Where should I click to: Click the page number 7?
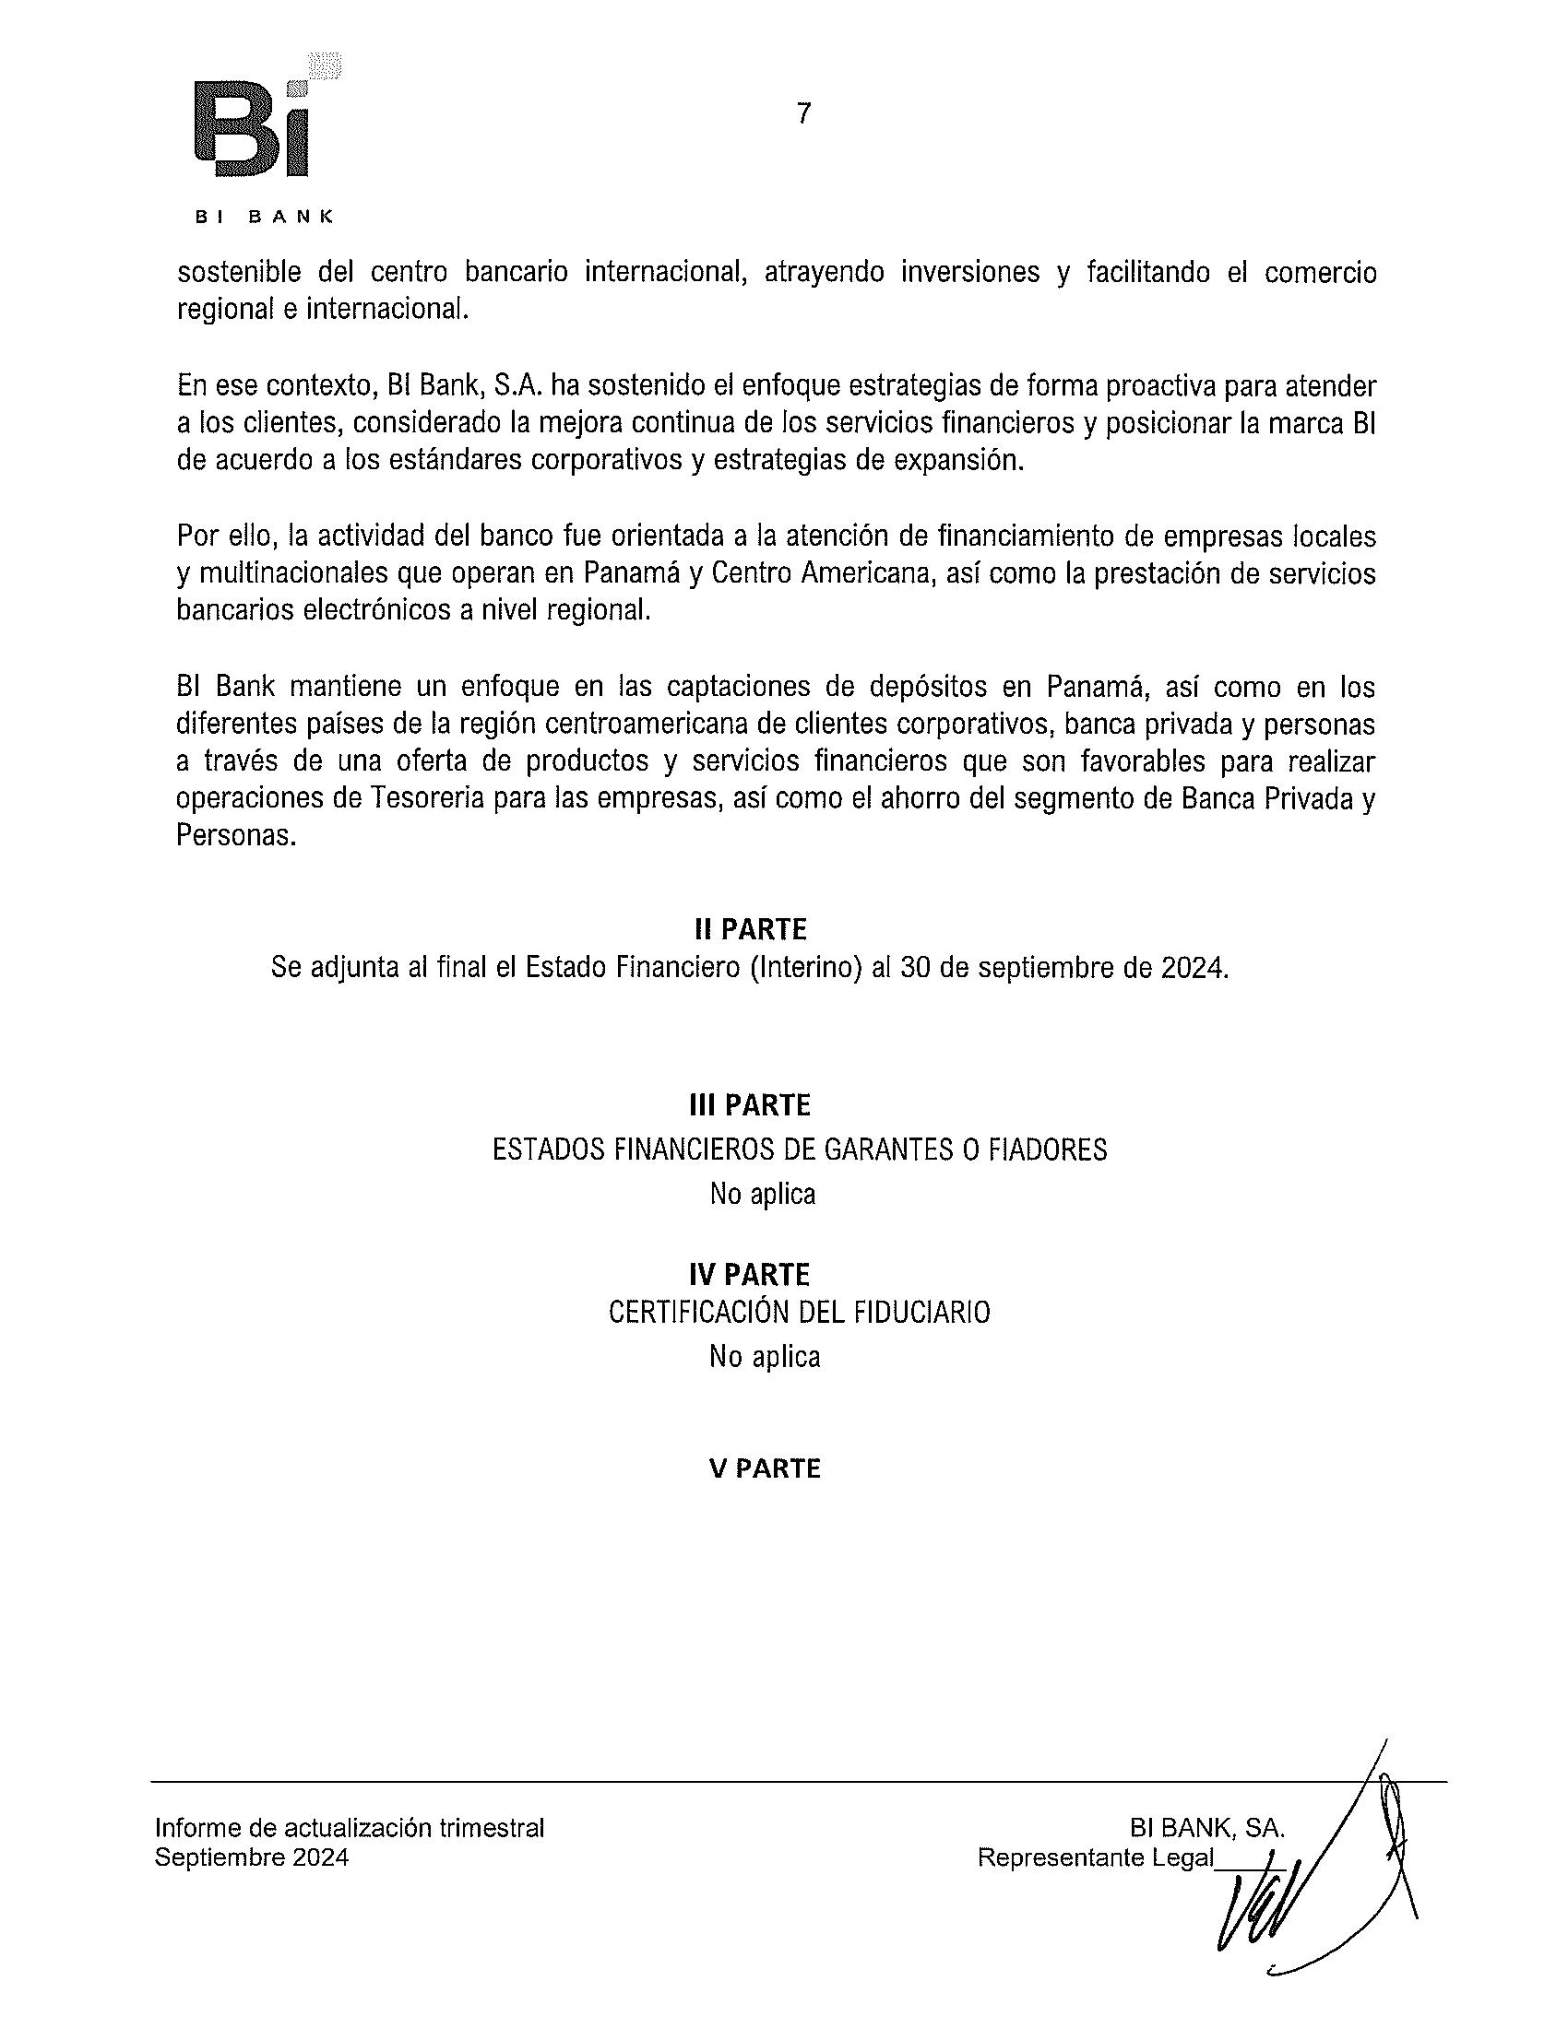[x=803, y=113]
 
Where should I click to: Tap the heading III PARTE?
[x=750, y=1105]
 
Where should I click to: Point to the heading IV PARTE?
[x=750, y=1273]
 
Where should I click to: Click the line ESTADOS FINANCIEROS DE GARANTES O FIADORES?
[x=799, y=1150]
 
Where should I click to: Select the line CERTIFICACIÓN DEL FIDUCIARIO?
[x=799, y=1312]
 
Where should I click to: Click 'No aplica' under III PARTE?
[x=763, y=1193]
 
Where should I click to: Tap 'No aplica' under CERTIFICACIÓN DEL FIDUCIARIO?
[x=765, y=1357]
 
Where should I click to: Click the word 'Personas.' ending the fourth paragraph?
[x=236, y=836]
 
